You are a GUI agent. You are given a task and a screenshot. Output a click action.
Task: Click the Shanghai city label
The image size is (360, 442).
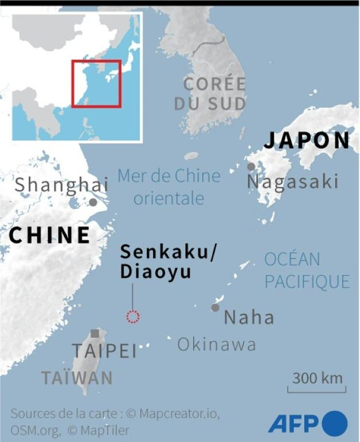point(61,185)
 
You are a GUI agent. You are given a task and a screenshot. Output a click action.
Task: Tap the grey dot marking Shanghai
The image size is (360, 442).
point(93,202)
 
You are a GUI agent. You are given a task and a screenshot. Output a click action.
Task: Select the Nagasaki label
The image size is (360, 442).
point(292,182)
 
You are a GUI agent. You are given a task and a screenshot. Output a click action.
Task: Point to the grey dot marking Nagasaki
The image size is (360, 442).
point(251,166)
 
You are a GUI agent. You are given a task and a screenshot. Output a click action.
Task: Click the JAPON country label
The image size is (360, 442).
point(307,140)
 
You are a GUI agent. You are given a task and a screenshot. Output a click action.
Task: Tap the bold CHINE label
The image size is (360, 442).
point(49,235)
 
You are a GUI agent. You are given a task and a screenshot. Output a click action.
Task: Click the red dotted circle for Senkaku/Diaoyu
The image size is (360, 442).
point(133,316)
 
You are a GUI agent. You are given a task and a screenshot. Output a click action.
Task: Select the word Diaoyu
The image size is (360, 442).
point(155,272)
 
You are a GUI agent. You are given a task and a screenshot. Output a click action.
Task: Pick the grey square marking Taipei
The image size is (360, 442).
point(95,333)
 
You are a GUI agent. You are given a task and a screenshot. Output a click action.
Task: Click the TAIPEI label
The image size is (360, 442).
point(104,351)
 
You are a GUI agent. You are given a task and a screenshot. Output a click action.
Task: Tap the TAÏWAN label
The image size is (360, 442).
point(76,378)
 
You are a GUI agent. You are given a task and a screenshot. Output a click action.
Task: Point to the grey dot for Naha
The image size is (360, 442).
point(215,307)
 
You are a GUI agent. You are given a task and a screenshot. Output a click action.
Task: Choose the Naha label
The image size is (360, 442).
point(248,317)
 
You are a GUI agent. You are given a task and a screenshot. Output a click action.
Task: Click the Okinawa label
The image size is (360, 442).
point(216,344)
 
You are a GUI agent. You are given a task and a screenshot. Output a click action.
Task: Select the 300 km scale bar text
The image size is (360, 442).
point(317,378)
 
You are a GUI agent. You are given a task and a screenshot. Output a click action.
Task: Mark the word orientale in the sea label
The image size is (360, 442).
point(169,199)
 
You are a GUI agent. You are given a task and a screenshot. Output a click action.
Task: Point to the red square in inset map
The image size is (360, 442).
point(96,83)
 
